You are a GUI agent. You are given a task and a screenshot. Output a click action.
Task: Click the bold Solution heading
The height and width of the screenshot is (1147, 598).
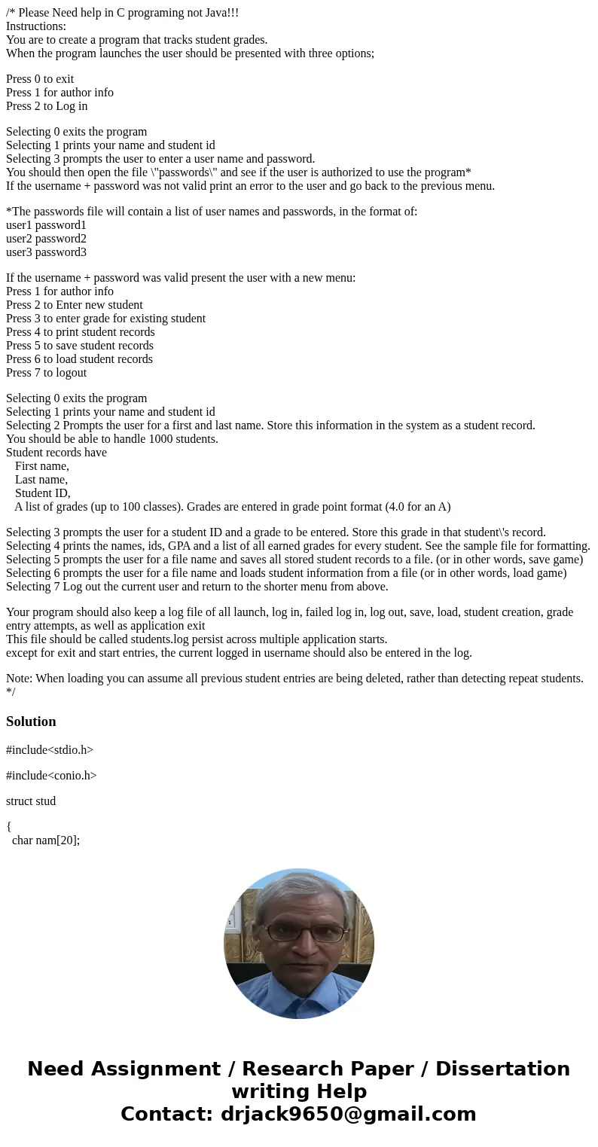pos(31,721)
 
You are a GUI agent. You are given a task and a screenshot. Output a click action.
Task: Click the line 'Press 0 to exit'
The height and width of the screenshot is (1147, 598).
pos(40,79)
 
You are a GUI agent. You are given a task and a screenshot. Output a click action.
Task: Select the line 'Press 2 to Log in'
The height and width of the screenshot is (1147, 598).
pos(47,106)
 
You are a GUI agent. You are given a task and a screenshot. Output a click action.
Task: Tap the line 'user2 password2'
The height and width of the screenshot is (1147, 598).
pos(46,239)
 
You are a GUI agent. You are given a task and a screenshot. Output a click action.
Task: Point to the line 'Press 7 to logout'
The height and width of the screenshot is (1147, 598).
pos(46,373)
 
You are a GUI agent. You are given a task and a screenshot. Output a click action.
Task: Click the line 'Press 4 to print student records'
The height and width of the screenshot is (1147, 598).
pos(81,332)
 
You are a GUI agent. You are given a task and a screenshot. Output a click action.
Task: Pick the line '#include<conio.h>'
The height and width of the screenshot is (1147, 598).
pos(51,776)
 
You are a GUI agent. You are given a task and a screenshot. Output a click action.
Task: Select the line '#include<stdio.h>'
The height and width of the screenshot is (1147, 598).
pos(50,750)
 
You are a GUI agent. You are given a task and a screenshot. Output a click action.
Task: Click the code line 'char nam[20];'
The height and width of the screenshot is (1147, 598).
pos(46,840)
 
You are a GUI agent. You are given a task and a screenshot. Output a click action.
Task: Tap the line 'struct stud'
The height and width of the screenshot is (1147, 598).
pos(31,801)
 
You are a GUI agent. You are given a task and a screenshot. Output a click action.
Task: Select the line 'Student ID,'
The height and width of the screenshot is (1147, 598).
pos(42,493)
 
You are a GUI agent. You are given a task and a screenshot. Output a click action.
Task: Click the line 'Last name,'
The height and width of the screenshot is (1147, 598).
pos(41,480)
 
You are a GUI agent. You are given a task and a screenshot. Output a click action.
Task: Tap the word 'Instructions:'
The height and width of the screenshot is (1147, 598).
pos(36,26)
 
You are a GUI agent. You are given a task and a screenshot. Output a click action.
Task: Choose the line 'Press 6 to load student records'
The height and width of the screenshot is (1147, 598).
pos(79,359)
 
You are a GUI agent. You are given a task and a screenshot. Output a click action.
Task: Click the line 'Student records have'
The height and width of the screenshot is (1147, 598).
pos(56,453)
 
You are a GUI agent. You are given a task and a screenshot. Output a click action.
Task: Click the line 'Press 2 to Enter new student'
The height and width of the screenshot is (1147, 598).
pos(75,305)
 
